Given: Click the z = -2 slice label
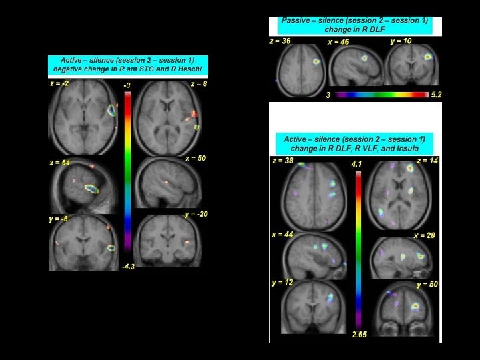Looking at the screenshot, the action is tap(59, 83).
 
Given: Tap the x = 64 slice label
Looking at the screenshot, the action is tap(59, 162).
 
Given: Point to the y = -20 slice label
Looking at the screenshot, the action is tap(195, 214).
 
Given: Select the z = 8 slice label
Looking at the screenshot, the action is tap(199, 83).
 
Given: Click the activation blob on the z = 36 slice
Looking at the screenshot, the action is tap(316, 61).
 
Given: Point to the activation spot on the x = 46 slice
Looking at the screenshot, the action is tap(365, 58).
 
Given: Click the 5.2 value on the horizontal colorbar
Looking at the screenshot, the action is tap(436, 95).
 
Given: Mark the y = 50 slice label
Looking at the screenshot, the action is tap(427, 285).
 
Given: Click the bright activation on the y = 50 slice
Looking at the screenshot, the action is tap(415, 306).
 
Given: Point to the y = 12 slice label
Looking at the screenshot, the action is tap(283, 283).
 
